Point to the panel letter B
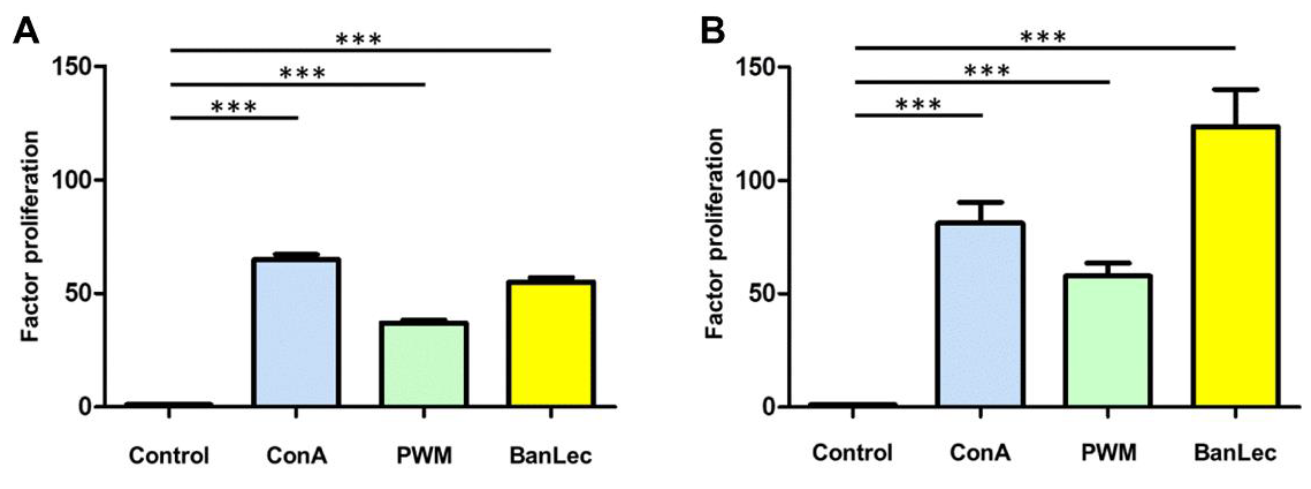pyautogui.click(x=713, y=31)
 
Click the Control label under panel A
pyautogui.click(x=169, y=455)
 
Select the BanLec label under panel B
pyautogui.click(x=1235, y=453)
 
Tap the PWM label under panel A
pyautogui.click(x=424, y=455)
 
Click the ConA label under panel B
pyautogui.click(x=980, y=453)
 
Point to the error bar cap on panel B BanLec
pyautogui.click(x=1235, y=90)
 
